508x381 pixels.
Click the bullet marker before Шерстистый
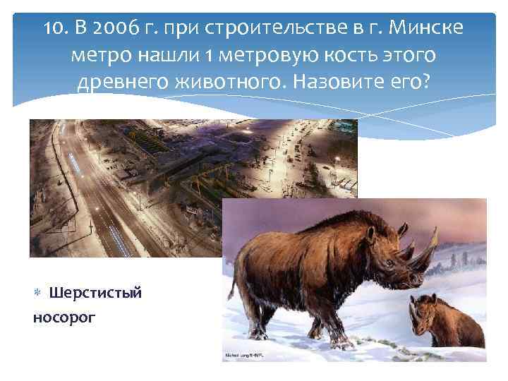point(37,292)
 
